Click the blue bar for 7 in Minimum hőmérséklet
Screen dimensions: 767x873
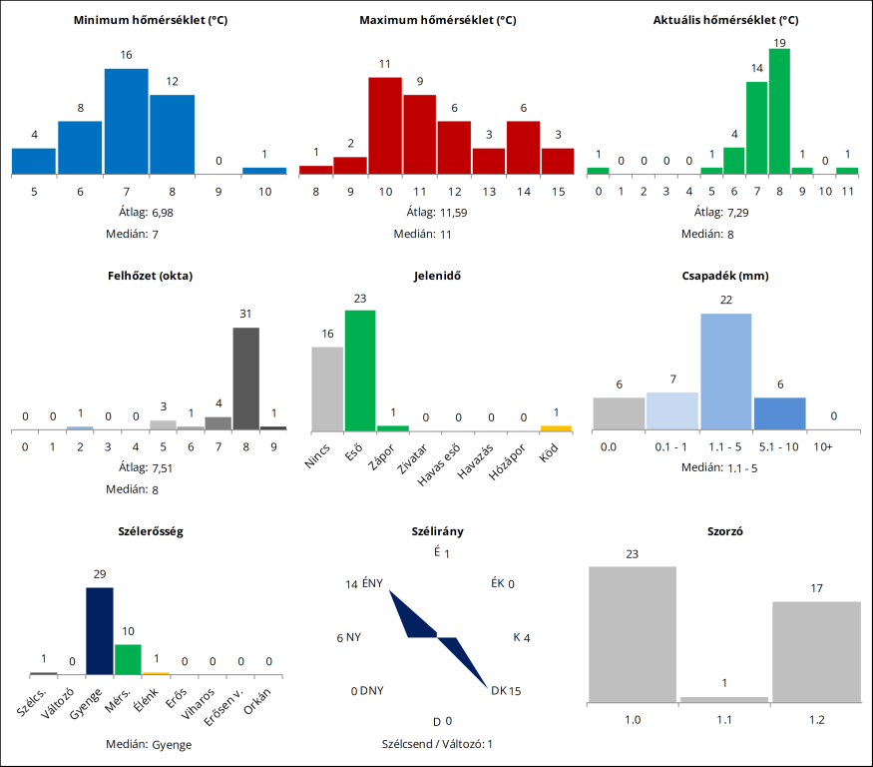(126, 121)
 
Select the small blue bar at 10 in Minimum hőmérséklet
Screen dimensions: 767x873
(264, 171)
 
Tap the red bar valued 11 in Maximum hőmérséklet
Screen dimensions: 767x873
(385, 125)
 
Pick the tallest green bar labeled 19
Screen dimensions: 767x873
(779, 111)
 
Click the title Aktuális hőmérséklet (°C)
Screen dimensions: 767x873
(725, 20)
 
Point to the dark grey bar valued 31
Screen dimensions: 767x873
(246, 379)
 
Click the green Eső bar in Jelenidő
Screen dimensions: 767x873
(360, 370)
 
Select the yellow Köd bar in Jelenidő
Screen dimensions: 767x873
(556, 427)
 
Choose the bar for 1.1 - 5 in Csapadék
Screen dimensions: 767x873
(725, 372)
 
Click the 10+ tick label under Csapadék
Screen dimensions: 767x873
(823, 446)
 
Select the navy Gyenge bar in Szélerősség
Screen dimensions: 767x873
(99, 631)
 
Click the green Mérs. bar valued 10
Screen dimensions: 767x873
(128, 659)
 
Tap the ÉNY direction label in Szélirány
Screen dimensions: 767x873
(372, 584)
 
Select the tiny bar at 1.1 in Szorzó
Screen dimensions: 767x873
(723, 699)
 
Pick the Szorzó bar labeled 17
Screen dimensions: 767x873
(816, 651)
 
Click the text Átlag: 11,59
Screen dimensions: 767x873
(435, 213)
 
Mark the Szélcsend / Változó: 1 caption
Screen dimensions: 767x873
(437, 744)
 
